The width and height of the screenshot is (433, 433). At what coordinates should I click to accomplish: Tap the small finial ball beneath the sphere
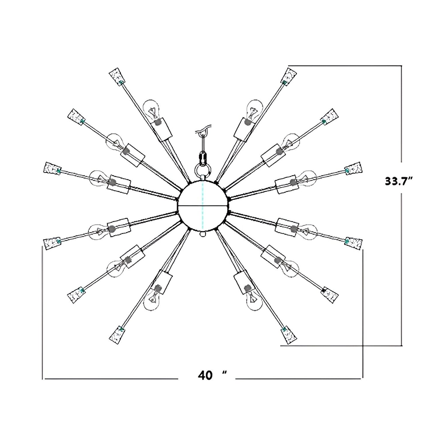point(203,234)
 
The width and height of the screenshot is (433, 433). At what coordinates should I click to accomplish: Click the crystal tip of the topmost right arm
point(289,76)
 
